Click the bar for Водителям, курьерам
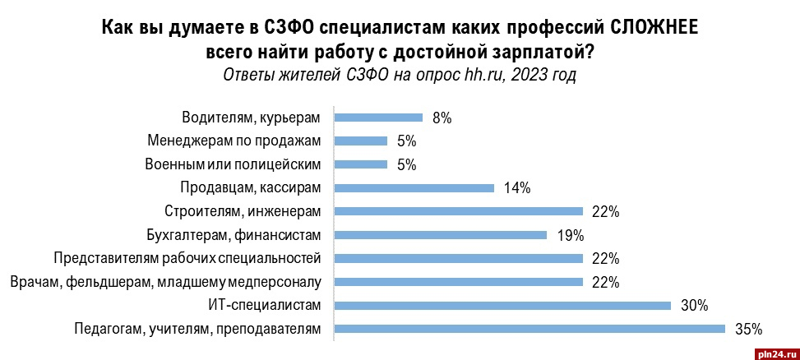[377, 117]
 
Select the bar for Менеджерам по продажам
[360, 141]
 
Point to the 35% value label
[749, 330]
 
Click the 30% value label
[695, 306]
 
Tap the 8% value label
[442, 118]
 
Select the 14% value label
[516, 188]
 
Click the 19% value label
[569, 235]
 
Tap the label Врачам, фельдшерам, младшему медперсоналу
[165, 283]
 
